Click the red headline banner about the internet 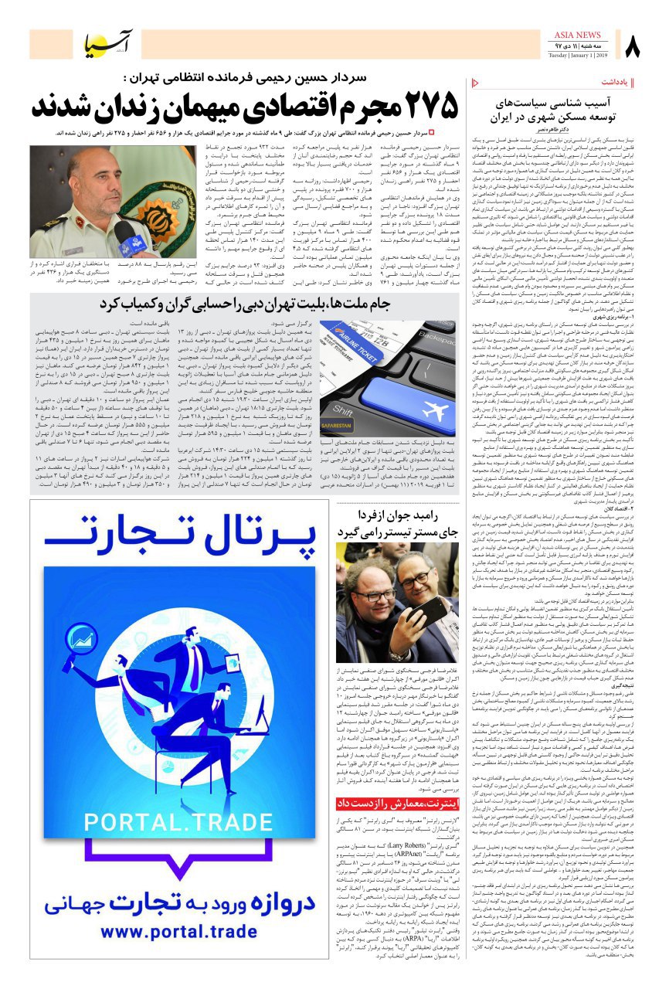tap(398, 804)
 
